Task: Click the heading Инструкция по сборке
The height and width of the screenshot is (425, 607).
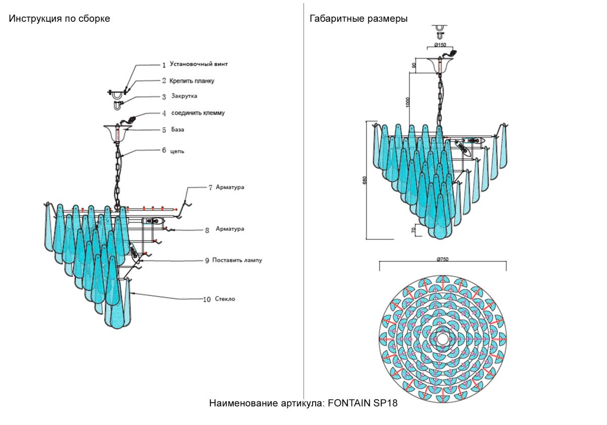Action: [59, 19]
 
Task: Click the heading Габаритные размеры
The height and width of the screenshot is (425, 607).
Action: [359, 19]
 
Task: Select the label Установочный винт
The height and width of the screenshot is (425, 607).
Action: [199, 65]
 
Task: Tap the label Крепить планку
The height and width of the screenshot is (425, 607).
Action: [195, 80]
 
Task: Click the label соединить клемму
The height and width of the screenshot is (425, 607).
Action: [198, 113]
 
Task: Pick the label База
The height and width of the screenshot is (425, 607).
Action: [177, 130]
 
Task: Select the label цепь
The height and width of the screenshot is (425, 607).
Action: [177, 150]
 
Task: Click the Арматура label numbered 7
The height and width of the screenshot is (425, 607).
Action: [230, 187]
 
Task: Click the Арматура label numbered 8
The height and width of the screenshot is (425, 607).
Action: [230, 229]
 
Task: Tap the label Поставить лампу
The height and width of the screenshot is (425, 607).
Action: [237, 260]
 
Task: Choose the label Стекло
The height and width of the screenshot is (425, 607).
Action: [225, 299]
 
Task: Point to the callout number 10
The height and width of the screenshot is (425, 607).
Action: [206, 300]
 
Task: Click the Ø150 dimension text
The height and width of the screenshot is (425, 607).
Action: [440, 45]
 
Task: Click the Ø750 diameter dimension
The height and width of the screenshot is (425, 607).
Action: [443, 259]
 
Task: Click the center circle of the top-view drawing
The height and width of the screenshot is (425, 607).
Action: [443, 337]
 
